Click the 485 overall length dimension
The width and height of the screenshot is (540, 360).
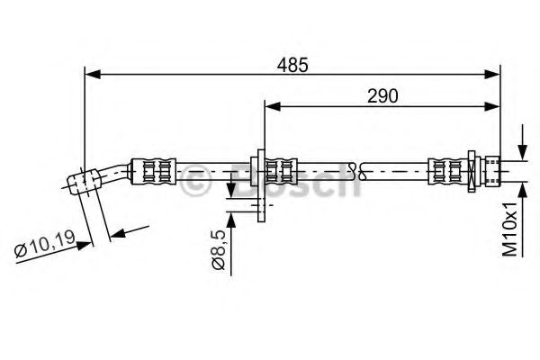point(293,64)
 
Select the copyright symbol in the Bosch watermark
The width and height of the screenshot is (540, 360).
point(193,184)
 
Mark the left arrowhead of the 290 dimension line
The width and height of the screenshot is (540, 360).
point(269,106)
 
